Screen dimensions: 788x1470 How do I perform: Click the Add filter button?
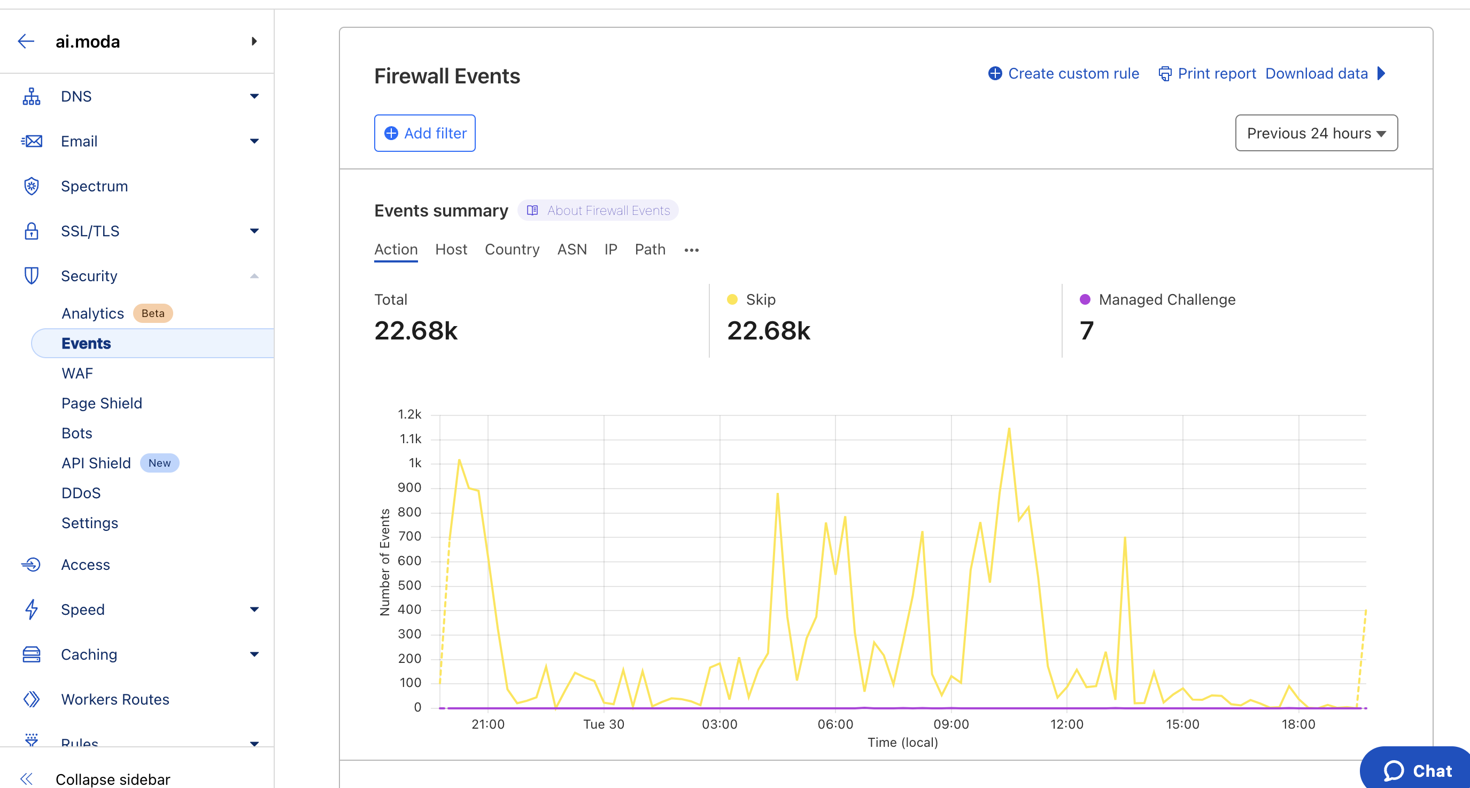coord(424,133)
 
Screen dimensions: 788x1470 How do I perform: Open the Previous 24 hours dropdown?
coord(1316,133)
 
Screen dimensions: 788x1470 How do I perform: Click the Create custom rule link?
coord(1064,74)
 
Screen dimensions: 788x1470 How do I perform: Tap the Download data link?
coord(1316,74)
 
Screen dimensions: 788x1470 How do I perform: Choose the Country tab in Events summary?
coord(512,249)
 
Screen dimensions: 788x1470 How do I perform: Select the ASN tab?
coord(572,249)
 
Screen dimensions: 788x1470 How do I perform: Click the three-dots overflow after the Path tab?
coord(692,250)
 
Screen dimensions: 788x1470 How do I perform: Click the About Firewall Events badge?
coord(598,211)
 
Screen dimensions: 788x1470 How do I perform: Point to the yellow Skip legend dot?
coord(732,299)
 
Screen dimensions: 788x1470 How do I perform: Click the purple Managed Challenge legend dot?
coord(1085,299)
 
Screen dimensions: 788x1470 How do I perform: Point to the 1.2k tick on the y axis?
coord(409,414)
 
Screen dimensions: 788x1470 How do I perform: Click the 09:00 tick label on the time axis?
coord(951,724)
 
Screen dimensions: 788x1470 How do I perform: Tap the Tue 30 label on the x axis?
coord(603,724)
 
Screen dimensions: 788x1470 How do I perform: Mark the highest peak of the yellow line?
coord(1009,429)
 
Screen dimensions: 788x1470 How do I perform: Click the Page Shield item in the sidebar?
coord(102,404)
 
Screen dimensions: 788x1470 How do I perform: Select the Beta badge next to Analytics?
coord(152,313)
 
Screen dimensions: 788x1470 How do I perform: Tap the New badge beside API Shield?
coord(159,463)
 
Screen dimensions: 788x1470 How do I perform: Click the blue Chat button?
coord(1418,770)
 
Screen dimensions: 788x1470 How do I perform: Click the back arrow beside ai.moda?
coord(26,41)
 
